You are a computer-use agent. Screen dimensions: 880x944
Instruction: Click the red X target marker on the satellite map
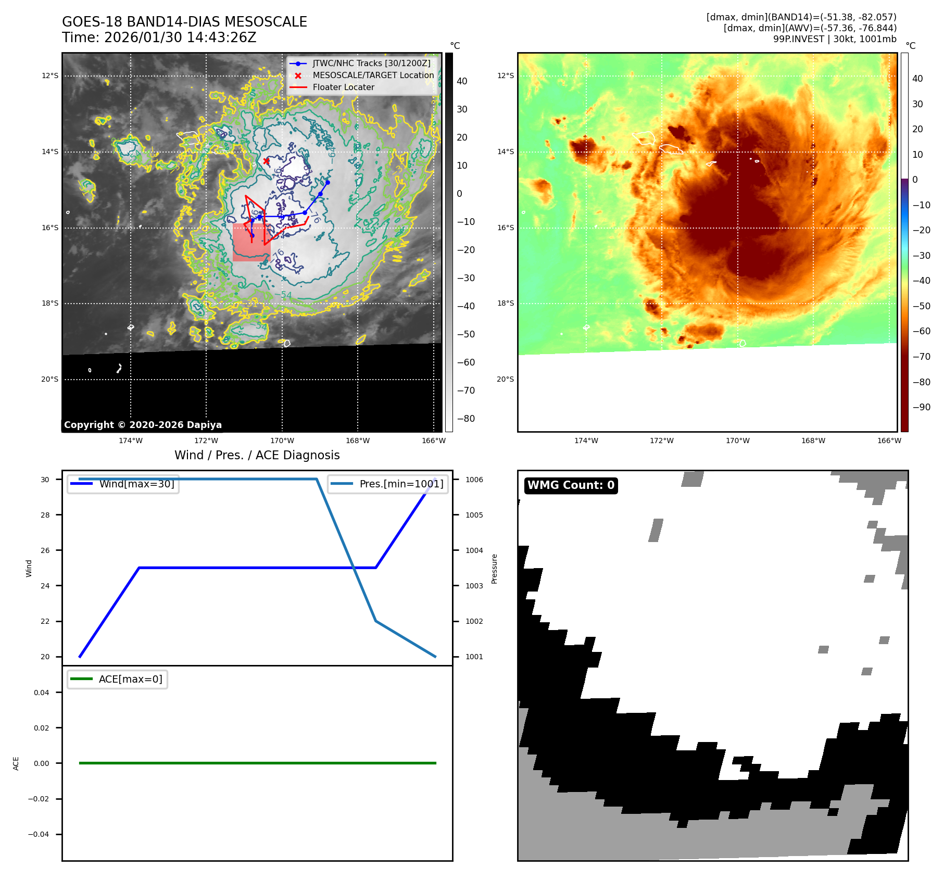click(x=266, y=161)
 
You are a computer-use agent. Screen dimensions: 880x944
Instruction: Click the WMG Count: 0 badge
click(x=571, y=485)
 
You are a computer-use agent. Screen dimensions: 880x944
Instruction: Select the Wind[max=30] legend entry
click(x=136, y=484)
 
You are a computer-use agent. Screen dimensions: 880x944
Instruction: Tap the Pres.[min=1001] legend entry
click(x=401, y=484)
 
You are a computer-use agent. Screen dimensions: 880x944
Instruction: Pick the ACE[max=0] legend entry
click(x=130, y=680)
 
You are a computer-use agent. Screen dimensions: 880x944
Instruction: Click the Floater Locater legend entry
click(x=343, y=87)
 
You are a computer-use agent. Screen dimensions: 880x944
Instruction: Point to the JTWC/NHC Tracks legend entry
click(x=371, y=64)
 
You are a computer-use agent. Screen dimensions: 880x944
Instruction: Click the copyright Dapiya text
click(x=143, y=425)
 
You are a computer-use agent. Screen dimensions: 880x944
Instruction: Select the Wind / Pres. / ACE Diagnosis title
click(x=257, y=456)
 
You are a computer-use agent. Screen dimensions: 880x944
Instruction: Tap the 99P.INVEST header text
click(x=834, y=39)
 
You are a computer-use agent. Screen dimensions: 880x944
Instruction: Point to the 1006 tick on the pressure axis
click(x=474, y=480)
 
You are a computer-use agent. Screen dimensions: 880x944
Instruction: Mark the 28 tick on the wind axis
click(x=46, y=515)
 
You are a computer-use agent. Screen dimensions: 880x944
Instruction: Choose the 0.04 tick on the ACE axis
click(x=42, y=693)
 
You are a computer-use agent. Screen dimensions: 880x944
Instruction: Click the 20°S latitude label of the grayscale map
click(x=50, y=380)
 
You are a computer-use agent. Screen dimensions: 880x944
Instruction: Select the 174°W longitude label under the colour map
click(x=586, y=441)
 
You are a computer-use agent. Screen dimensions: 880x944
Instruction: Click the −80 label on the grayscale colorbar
click(x=465, y=419)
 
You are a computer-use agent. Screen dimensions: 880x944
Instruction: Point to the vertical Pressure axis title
click(x=495, y=569)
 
